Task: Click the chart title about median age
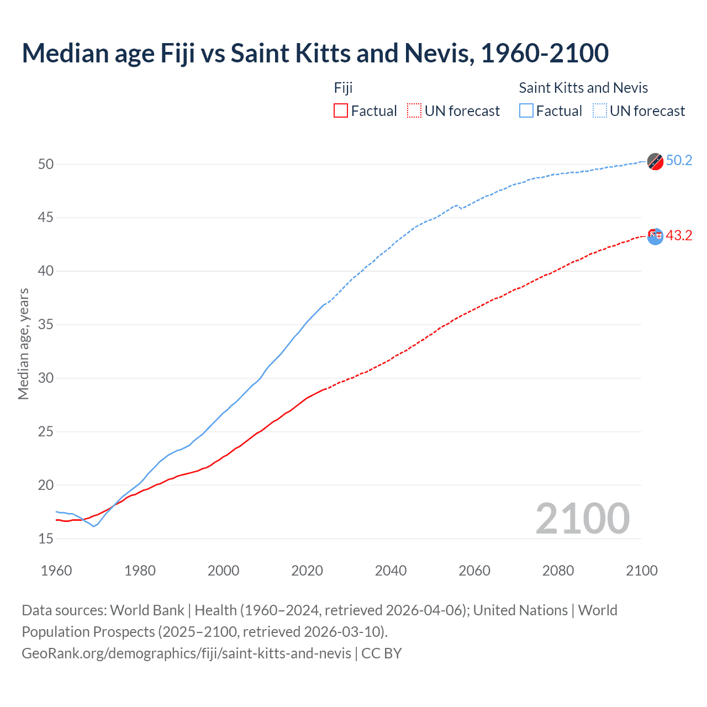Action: [x=315, y=53]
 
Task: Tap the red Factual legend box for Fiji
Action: [x=341, y=111]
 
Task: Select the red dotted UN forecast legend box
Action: [x=414, y=111]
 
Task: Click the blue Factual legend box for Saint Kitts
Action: [x=526, y=111]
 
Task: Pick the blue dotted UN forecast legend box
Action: [x=600, y=111]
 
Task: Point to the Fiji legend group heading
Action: [x=343, y=88]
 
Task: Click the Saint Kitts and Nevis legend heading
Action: [x=583, y=88]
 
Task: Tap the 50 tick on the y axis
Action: [x=46, y=164]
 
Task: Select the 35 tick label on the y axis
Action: [x=46, y=325]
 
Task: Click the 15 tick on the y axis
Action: [x=46, y=539]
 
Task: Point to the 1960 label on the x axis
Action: [x=56, y=571]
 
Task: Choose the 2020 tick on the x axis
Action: [x=307, y=571]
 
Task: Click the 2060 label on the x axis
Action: [x=474, y=571]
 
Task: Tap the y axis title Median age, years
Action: [x=23, y=344]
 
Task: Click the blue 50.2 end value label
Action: [x=679, y=161]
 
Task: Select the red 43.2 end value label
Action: [x=679, y=236]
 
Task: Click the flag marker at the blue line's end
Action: [x=655, y=161]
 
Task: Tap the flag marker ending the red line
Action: [x=655, y=236]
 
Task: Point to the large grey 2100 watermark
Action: [x=583, y=519]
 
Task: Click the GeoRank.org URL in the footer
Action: [x=186, y=653]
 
